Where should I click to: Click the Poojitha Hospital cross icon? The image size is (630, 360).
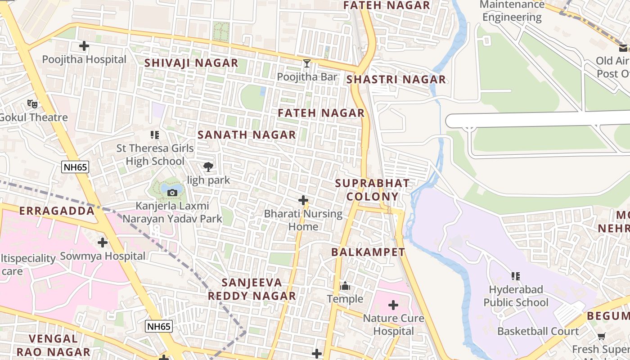84,46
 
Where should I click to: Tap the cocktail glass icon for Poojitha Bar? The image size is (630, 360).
307,63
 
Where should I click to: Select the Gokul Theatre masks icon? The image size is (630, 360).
32,104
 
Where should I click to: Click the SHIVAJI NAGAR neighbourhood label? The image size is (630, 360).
191,63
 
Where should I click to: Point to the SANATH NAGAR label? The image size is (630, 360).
247,135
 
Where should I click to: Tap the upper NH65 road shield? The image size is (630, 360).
75,167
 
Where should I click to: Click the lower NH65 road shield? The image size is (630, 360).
159,326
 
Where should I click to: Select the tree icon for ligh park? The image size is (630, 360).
208,167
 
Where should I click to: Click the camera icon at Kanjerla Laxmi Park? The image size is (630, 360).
172,193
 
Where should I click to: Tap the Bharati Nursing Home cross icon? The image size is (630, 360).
303,200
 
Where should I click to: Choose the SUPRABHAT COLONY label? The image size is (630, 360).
373,190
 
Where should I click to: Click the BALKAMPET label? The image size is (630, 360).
368,252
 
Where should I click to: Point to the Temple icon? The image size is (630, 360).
345,286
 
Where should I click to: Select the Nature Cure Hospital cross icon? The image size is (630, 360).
393,306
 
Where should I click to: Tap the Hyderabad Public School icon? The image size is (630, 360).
516,276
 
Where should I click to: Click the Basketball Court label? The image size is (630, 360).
538,332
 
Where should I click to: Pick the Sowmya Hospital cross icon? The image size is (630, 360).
103,243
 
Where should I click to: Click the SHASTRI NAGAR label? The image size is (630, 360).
396,80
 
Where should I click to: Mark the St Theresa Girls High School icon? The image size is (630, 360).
155,135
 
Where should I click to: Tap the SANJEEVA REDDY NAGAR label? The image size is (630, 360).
252,289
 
